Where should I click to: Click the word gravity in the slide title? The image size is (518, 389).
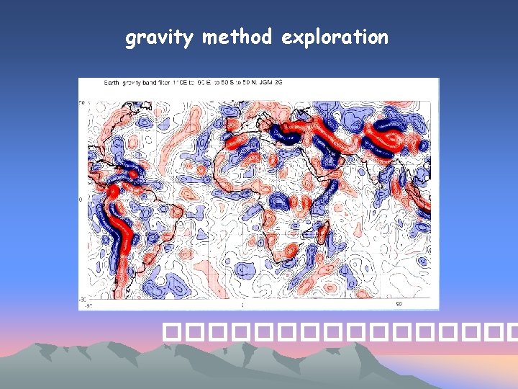pos(160,37)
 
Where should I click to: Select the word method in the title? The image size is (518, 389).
pos(237,37)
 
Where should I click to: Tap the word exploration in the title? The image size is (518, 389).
pos(335,37)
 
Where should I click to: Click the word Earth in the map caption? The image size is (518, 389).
pos(112,84)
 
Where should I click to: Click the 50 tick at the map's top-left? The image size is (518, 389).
pos(82,103)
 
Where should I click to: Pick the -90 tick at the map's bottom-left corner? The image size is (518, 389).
pos(83,305)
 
